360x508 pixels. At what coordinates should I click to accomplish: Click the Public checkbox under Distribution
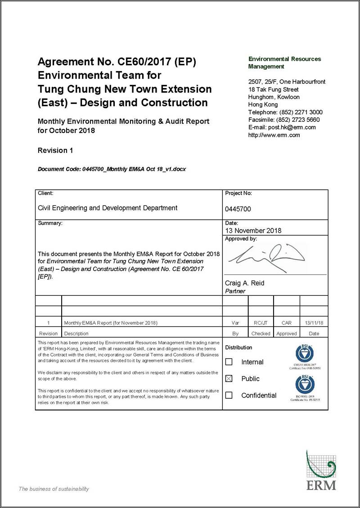229,379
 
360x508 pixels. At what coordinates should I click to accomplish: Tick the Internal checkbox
229,362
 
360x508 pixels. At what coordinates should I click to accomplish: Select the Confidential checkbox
229,395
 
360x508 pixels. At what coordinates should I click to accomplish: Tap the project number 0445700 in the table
238,209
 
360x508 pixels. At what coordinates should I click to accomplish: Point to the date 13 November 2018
253,231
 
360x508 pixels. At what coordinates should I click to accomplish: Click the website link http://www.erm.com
274,135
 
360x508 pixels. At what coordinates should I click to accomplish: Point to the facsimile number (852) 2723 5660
301,120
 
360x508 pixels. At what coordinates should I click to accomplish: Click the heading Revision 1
55,151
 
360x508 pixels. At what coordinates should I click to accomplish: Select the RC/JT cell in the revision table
261,323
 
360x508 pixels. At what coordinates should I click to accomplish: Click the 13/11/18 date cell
314,323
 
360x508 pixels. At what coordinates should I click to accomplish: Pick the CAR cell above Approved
287,323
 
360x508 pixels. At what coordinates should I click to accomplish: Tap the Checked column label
261,334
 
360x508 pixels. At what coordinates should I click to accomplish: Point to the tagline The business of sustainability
54,489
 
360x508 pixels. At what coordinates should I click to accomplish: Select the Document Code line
112,169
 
